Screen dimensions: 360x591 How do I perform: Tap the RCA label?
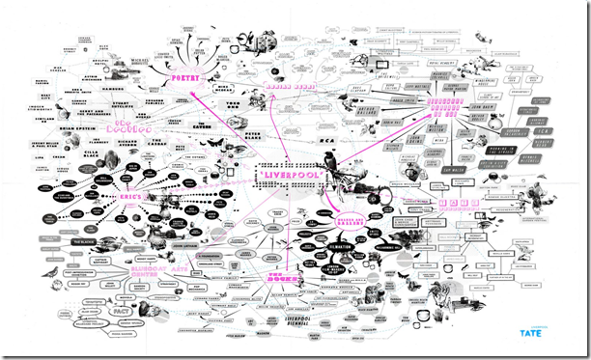pos(326,138)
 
